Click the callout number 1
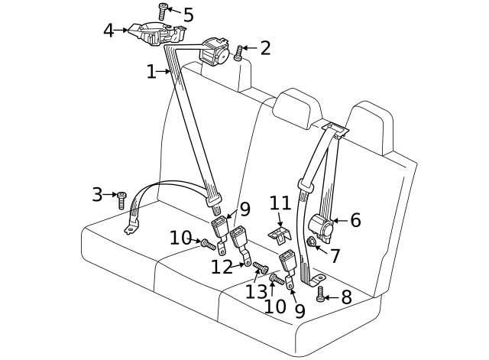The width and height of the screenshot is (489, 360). coord(151,72)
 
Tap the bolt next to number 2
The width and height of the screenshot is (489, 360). coord(239,53)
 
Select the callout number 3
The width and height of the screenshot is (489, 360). coord(97,195)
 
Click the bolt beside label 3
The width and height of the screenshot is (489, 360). coord(121,200)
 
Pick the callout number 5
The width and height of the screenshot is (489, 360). coord(188,15)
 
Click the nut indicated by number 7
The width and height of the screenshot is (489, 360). coord(312,243)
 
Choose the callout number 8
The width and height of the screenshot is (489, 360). coord(346,297)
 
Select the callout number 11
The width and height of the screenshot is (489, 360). coord(280,204)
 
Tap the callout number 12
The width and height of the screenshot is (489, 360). coord(222,268)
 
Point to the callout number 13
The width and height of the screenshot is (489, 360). coord(257,290)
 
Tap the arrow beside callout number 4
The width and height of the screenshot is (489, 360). coord(123,31)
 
